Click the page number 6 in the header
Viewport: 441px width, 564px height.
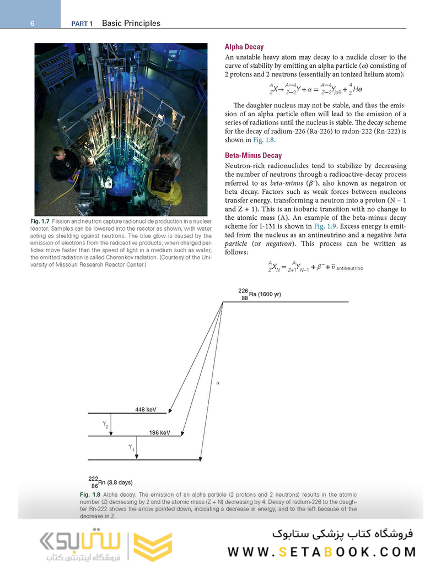point(33,24)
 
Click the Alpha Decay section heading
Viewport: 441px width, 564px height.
point(244,47)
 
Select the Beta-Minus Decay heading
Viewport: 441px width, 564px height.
point(253,155)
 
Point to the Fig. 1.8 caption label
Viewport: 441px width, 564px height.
point(90,495)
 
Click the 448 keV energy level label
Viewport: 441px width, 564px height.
point(146,409)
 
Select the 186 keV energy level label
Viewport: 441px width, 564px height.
point(160,433)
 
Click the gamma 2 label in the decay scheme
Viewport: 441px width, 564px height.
point(105,425)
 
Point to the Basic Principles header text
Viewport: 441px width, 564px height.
point(131,24)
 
